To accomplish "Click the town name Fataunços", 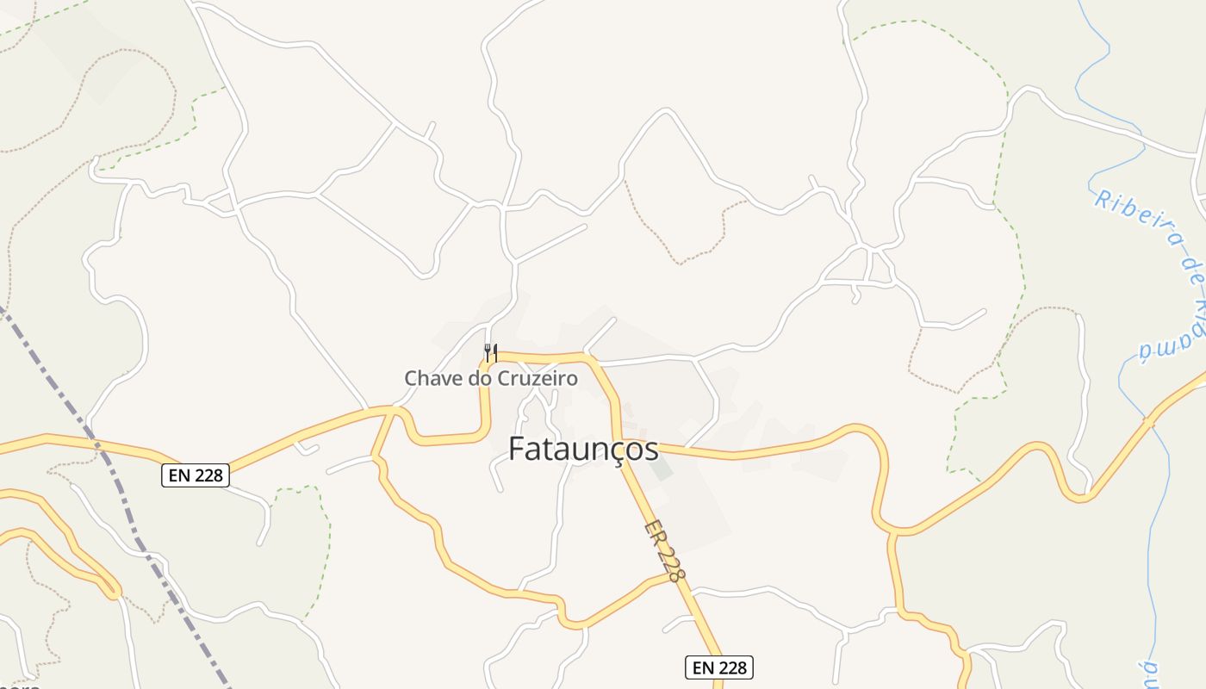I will tap(583, 449).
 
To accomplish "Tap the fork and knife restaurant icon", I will tap(490, 352).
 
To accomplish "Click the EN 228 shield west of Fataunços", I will tap(196, 475).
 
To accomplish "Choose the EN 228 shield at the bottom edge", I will tap(719, 667).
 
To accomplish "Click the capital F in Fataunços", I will tap(517, 449).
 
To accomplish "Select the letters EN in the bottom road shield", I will tap(702, 667).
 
